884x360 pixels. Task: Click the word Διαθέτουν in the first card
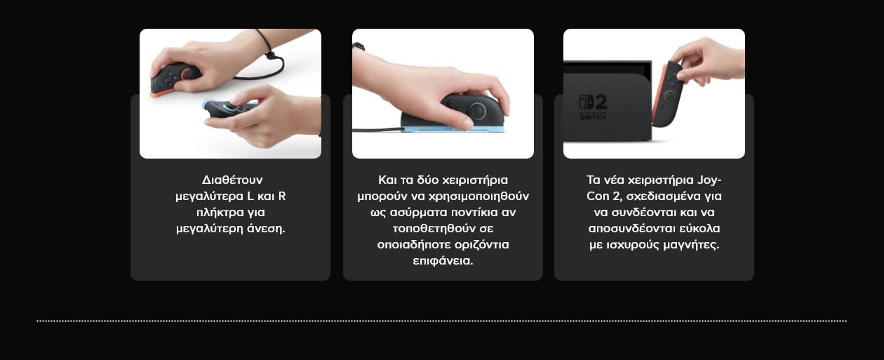tap(232, 180)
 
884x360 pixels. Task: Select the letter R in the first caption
tap(282, 196)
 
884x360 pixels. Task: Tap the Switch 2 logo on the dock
tap(593, 107)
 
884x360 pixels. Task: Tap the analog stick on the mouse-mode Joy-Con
tap(478, 110)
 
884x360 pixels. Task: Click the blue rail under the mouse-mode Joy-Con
tap(453, 128)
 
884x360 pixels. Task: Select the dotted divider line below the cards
tap(441, 321)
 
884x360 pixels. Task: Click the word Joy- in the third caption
tap(709, 180)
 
